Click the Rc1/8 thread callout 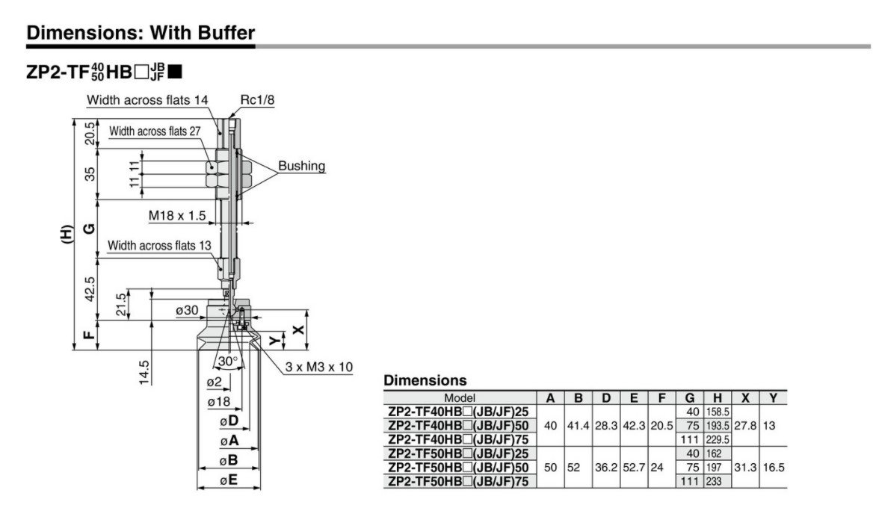tap(257, 99)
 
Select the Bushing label tap(301, 166)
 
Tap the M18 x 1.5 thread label tap(176, 215)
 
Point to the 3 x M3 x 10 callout tap(318, 367)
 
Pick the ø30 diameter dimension tap(186, 310)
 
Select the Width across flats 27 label tap(155, 132)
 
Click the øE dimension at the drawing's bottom tap(229, 481)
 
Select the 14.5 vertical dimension tap(144, 373)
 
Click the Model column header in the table tap(459, 398)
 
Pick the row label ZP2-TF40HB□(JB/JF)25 tap(462, 412)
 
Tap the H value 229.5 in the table tap(717, 439)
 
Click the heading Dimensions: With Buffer tap(140, 33)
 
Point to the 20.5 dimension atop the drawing tap(89, 133)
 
